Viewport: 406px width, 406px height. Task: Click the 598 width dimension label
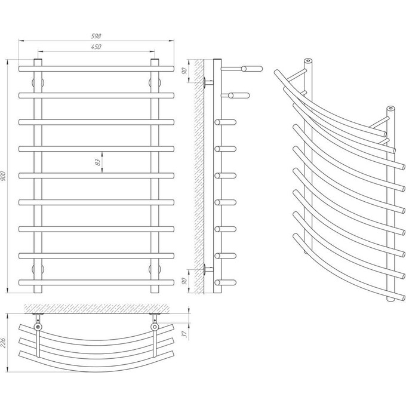(x=96, y=36)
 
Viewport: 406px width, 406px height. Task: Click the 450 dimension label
(x=96, y=47)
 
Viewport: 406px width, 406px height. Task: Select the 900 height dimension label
(x=4, y=176)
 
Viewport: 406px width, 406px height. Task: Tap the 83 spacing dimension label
(x=97, y=162)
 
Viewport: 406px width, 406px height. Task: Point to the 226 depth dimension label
(x=4, y=343)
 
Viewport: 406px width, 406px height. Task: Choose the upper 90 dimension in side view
(x=184, y=71)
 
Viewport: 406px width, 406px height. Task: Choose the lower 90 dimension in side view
(x=184, y=281)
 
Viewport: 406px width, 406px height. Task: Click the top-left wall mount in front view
(x=38, y=83)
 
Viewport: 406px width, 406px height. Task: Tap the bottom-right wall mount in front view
(x=155, y=269)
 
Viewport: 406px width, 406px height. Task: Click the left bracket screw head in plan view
(x=38, y=327)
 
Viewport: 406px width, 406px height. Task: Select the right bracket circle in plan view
(x=155, y=327)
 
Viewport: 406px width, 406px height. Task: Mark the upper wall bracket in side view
(x=208, y=82)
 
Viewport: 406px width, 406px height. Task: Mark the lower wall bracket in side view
(x=208, y=269)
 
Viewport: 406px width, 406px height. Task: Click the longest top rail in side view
(x=242, y=69)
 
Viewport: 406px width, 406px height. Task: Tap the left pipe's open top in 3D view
(x=308, y=61)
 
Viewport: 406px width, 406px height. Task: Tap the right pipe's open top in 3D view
(x=391, y=108)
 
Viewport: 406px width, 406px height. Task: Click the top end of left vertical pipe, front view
(x=38, y=60)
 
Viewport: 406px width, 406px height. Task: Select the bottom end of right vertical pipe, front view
(x=155, y=293)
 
